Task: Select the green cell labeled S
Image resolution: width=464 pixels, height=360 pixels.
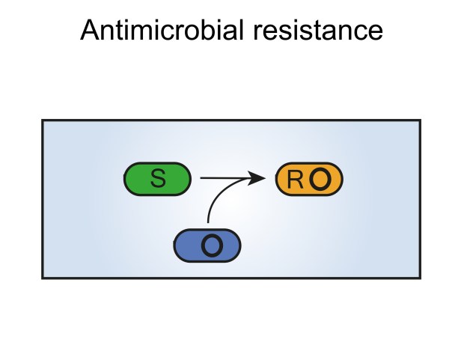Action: pos(157,180)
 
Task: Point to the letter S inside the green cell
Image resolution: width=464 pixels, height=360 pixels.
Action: pos(158,180)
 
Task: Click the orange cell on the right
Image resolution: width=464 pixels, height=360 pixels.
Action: pos(309,180)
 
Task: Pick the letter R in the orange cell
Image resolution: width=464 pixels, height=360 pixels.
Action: pos(296,180)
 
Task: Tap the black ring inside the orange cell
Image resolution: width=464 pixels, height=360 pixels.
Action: pos(320,180)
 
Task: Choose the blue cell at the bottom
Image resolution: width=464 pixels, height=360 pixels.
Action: pos(207,245)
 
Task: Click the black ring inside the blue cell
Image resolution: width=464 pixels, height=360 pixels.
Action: pos(212,245)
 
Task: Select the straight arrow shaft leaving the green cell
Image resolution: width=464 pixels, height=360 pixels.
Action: pos(221,178)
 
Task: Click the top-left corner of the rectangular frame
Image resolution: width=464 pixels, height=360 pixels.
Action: pos(43,120)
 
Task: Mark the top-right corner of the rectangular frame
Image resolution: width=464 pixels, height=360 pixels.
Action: pos(420,120)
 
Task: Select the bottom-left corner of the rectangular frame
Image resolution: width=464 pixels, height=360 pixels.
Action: pos(43,278)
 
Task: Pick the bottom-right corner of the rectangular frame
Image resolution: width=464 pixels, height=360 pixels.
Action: pos(420,278)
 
